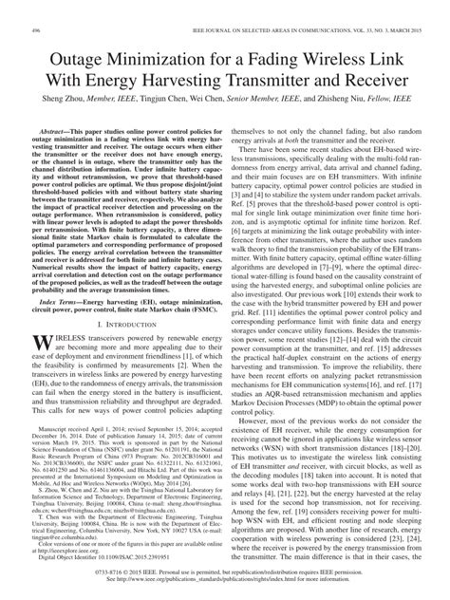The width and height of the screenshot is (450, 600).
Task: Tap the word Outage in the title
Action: pos(88,35)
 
